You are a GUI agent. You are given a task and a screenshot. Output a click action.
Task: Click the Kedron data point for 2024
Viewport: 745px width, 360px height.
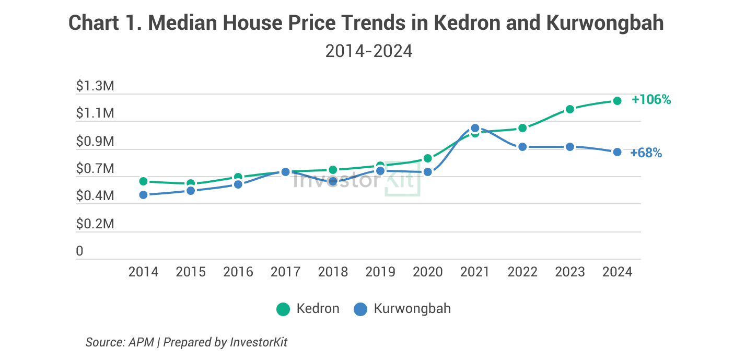(617, 101)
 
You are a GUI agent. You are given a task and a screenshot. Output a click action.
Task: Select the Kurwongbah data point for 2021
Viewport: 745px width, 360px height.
(475, 128)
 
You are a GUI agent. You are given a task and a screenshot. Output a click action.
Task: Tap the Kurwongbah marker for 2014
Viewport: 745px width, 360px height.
(143, 195)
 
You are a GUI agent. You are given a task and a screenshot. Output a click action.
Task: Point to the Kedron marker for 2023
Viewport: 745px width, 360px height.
(570, 109)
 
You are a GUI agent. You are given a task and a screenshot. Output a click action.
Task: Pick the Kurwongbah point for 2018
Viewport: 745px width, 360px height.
(333, 181)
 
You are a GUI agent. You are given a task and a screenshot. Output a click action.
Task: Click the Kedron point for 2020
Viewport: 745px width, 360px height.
(427, 158)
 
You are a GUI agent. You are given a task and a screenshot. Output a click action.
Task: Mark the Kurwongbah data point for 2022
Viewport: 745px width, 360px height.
(522, 147)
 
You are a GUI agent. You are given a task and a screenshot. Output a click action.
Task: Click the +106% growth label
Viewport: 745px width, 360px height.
(651, 100)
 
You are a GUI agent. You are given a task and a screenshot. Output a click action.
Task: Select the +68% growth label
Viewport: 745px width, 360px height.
(646, 153)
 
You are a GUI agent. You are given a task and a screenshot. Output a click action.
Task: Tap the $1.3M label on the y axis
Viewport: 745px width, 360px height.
(95, 86)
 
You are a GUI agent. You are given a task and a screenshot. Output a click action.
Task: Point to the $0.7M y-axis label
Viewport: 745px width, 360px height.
(95, 169)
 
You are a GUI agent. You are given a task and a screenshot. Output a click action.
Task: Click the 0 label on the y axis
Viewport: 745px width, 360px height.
(79, 251)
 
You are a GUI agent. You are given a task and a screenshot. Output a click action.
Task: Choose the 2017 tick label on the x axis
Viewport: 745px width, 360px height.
(286, 272)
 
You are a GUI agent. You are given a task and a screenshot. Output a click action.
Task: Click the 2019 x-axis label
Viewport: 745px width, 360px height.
(380, 272)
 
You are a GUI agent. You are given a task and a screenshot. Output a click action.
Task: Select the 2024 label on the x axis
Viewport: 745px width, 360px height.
(617, 272)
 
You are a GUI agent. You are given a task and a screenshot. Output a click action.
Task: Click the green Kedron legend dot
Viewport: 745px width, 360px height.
(283, 309)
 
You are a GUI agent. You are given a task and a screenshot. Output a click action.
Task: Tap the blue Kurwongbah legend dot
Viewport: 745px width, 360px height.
(360, 309)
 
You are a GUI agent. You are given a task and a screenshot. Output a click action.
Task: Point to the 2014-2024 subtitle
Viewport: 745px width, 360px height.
(369, 51)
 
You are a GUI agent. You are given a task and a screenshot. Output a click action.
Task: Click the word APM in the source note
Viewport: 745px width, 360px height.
(142, 343)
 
